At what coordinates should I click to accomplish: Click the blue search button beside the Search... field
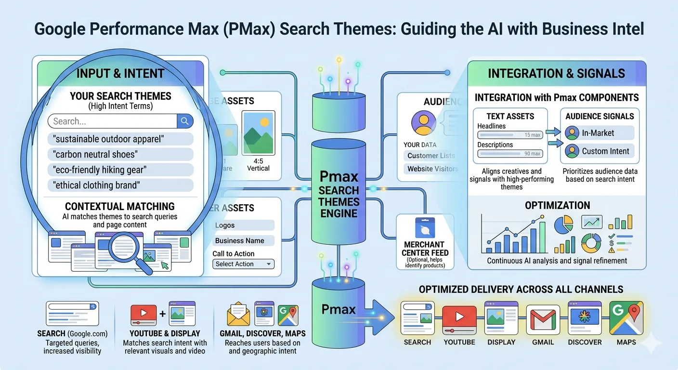coord(185,121)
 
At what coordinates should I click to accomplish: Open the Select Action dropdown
coord(243,264)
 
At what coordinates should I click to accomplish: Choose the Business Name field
coord(243,240)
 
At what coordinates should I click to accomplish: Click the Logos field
coord(243,225)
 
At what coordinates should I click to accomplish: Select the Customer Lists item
coord(430,156)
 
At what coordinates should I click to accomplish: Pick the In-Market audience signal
coord(599,133)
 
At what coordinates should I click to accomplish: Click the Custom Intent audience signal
coord(599,151)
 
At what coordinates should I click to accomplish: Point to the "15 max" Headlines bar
coord(509,135)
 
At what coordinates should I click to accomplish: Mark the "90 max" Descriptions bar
coord(509,154)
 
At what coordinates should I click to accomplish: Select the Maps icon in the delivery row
coord(626,318)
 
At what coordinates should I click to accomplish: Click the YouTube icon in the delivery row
coord(459,319)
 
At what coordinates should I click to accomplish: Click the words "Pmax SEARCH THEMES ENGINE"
coord(339,196)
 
